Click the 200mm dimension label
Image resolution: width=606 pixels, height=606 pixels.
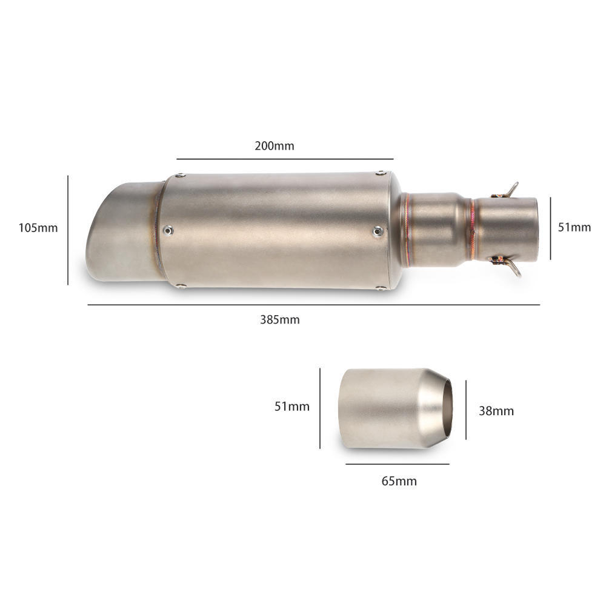(275, 145)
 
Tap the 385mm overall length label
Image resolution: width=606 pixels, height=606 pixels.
(280, 319)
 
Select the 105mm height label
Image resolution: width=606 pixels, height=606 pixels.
(38, 228)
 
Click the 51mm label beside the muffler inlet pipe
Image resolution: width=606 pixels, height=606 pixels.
(574, 227)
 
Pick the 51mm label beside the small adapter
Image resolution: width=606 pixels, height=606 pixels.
(292, 406)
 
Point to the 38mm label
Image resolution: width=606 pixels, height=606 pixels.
(496, 410)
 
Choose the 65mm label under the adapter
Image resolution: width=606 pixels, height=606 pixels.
(399, 481)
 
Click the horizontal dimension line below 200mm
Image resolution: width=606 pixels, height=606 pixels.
(285, 159)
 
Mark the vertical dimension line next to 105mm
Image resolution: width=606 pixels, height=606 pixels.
(68, 230)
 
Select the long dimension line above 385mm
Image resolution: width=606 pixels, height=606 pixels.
(313, 305)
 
